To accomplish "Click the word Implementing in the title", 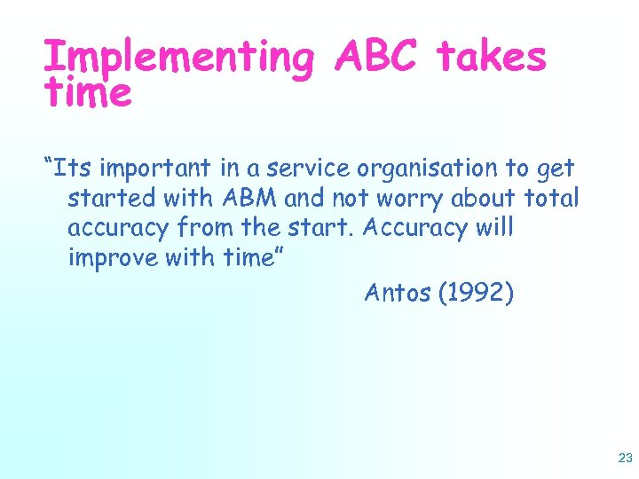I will [177, 59].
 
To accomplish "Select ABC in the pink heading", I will [377, 57].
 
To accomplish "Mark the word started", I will [112, 198].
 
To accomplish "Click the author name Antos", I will [398, 293].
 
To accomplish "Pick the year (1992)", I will [476, 293].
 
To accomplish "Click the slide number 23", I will [623, 459].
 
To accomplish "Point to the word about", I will [486, 198].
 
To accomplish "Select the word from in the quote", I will [205, 228].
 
